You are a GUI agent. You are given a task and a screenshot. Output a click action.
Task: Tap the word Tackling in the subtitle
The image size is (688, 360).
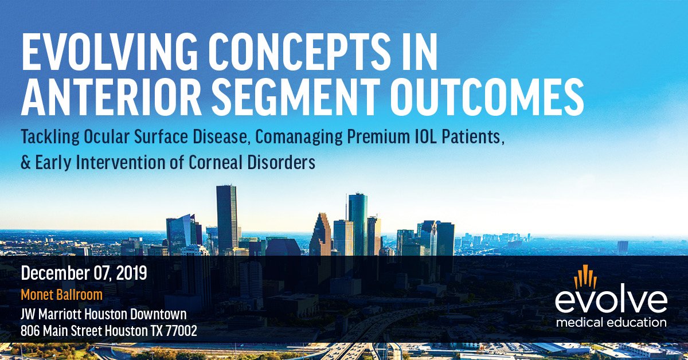pyautogui.click(x=50, y=138)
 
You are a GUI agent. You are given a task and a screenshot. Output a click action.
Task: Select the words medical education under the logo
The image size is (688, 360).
pyautogui.click(x=611, y=323)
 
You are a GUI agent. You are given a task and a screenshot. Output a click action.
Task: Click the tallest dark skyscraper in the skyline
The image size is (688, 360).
pyautogui.click(x=226, y=218)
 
